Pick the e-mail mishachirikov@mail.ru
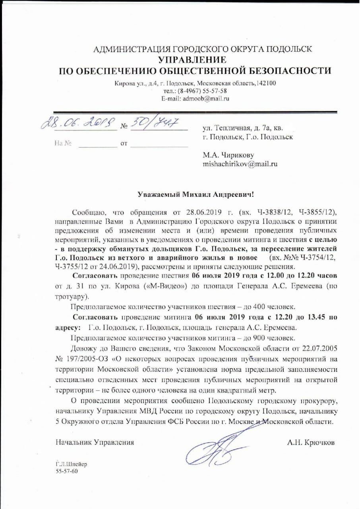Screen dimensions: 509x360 pos(240,163)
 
